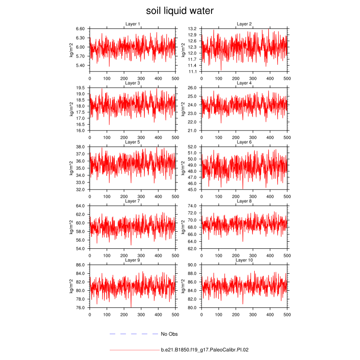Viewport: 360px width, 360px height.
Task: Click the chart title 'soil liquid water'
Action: (180, 10)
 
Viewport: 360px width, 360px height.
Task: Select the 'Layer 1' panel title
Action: (132, 24)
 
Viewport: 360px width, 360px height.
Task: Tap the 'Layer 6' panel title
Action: (244, 142)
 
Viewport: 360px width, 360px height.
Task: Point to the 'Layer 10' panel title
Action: (244, 261)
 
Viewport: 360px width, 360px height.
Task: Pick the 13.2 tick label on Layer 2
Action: (193, 28)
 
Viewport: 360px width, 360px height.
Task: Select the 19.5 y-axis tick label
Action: (81, 88)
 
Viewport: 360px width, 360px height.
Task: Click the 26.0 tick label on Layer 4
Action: (193, 88)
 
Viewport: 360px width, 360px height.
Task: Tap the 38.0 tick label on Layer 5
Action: (81, 147)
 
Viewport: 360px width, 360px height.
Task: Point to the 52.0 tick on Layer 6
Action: (193, 147)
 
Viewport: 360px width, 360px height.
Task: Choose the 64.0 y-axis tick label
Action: (81, 206)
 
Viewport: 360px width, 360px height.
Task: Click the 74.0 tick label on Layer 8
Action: (193, 206)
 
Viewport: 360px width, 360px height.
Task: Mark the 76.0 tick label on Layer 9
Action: (81, 308)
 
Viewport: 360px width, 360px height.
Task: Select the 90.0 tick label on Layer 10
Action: (193, 265)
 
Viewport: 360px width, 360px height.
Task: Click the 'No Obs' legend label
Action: (169, 334)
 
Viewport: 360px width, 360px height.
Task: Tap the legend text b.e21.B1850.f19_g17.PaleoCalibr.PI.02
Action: (205, 350)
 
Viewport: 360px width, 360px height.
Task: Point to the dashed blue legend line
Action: (134, 334)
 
